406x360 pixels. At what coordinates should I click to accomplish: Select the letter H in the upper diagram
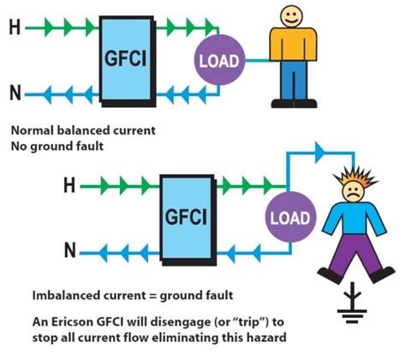point(14,28)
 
